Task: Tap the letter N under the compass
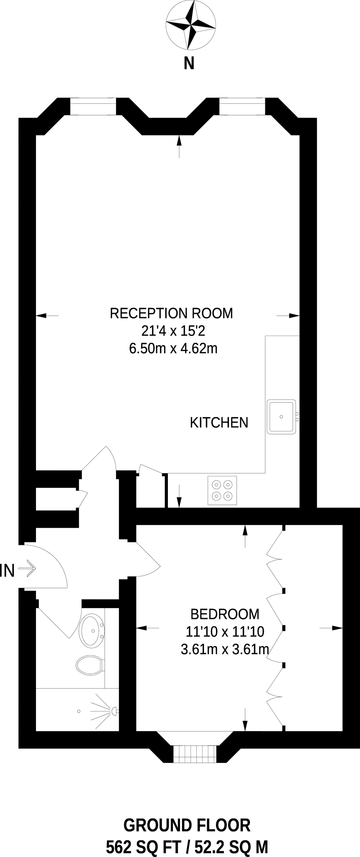tap(189, 64)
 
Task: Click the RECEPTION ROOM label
tap(171, 313)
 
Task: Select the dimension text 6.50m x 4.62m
tap(173, 348)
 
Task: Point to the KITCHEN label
tap(219, 423)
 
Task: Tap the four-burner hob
tap(222, 490)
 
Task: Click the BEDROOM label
tap(225, 614)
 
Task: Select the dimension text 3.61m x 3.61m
tap(224, 649)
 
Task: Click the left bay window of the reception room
tap(93, 106)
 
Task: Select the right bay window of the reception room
tap(242, 106)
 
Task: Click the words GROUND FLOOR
tap(187, 825)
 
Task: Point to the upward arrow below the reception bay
tap(180, 146)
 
